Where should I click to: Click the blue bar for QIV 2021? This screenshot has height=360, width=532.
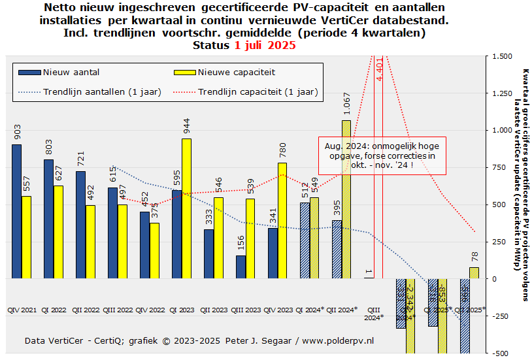(16, 211)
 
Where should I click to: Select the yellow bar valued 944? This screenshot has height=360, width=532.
(186, 208)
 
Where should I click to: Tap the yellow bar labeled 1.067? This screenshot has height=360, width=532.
(346, 199)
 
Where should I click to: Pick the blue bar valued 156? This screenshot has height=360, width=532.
(241, 267)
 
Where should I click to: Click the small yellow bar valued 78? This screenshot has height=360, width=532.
(473, 273)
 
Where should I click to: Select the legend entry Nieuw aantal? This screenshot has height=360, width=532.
(71, 72)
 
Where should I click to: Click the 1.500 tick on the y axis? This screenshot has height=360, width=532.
(503, 56)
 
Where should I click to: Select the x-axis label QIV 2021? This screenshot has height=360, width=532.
(21, 309)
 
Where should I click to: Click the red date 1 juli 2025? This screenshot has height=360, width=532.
(265, 46)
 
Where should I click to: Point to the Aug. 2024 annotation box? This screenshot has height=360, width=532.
(382, 156)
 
